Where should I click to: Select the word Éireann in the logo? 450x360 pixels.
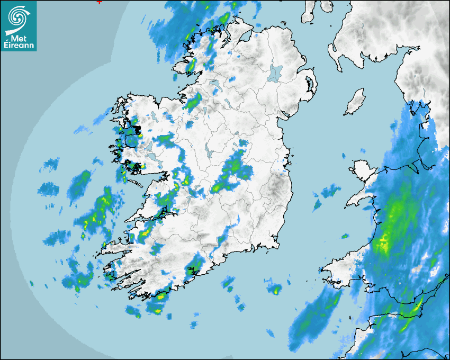pos(19,46)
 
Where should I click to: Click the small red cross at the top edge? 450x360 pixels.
pos(99,2)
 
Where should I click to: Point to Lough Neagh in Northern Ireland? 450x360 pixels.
pos(275,73)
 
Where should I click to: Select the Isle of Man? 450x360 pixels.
pos(355,102)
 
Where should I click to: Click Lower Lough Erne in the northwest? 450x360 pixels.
pos(214,84)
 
